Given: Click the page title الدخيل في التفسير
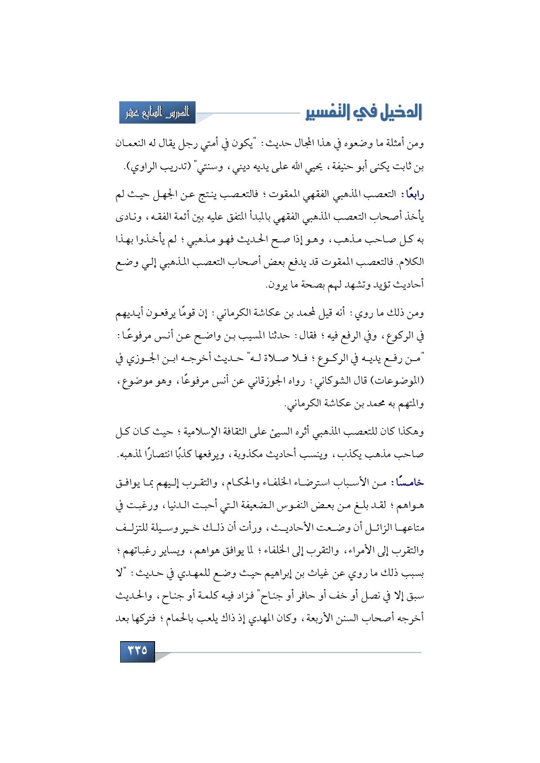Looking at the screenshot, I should [364, 112].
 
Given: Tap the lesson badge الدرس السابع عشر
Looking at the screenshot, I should [157, 113].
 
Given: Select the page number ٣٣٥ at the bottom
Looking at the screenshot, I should [137, 651].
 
